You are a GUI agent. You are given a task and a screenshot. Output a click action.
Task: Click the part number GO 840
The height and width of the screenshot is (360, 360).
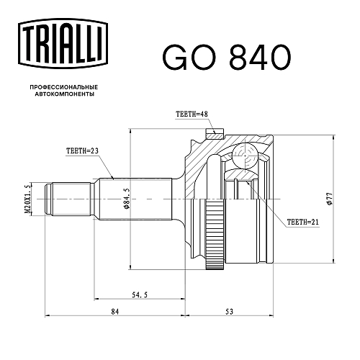pos(227,57)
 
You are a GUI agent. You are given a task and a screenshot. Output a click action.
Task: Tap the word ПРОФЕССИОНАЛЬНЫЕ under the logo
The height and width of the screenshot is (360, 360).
pos(64,87)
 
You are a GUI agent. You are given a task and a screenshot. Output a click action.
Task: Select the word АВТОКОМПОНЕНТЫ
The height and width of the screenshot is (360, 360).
pos(65,94)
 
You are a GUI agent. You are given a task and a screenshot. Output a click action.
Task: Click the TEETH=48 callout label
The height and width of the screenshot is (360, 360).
pos(192,114)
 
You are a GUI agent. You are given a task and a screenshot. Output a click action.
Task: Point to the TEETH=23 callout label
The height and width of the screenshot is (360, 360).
pos(82,150)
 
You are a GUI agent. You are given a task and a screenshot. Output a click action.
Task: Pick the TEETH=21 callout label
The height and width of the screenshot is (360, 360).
pos(303,222)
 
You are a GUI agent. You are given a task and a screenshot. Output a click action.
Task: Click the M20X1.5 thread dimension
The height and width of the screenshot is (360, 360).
pos(27,199)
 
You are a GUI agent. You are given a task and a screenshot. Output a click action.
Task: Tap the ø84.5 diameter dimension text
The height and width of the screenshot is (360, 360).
pos(126,198)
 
